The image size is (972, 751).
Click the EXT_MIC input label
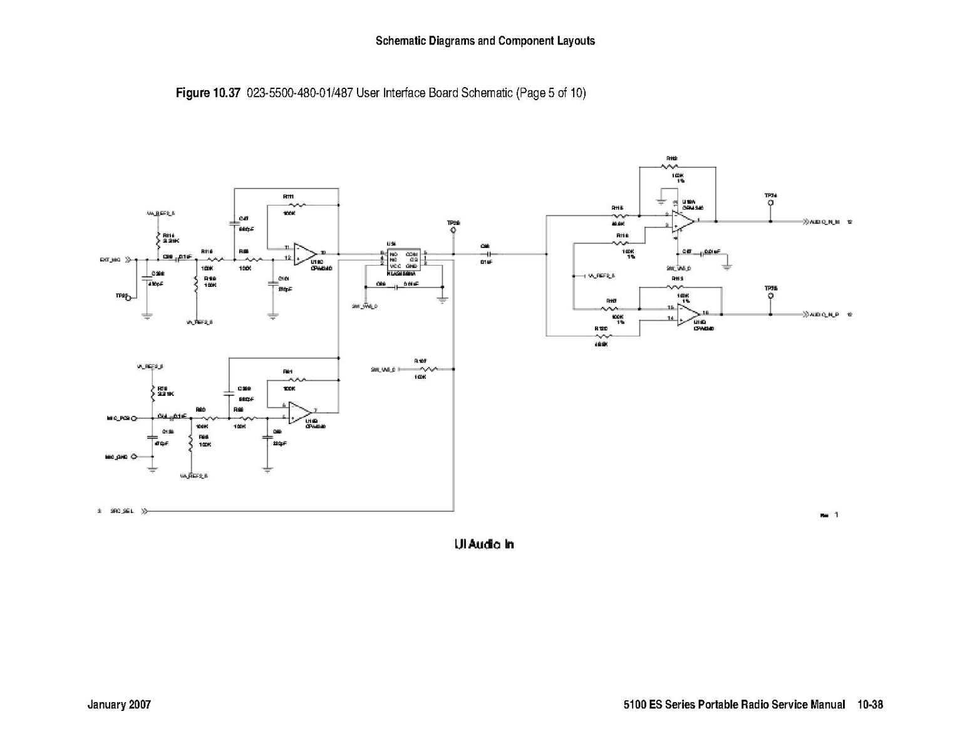tap(110, 259)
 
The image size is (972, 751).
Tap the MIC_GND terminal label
tap(116, 457)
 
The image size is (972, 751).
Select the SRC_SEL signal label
tap(121, 511)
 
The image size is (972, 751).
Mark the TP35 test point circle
tap(770, 296)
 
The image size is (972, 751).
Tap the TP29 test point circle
tap(453, 230)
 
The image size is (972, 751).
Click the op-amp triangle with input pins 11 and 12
tap(304, 253)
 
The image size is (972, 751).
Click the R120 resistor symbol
tap(602, 336)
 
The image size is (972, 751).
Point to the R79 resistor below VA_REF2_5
tap(152, 392)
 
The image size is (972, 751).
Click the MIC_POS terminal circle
tap(134, 418)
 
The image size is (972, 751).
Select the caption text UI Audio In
tap(483, 544)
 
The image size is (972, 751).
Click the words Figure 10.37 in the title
tap(208, 93)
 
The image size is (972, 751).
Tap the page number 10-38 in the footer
tap(870, 705)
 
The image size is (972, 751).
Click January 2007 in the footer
tap(119, 705)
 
